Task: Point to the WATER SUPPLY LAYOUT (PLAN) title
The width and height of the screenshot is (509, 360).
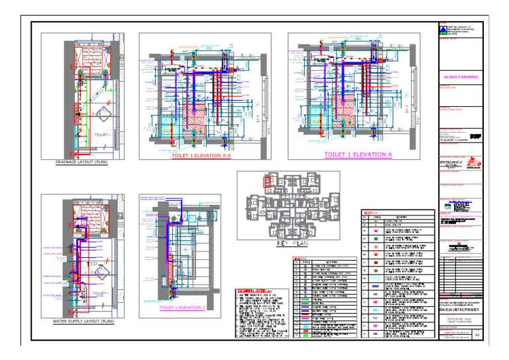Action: pos(82,321)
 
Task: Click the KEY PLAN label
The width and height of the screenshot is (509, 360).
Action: pos(288,243)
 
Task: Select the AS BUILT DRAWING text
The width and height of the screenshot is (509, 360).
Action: pos(460,77)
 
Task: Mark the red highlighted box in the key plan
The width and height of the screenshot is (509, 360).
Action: pos(267,180)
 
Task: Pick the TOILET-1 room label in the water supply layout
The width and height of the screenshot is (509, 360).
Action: pos(103,292)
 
